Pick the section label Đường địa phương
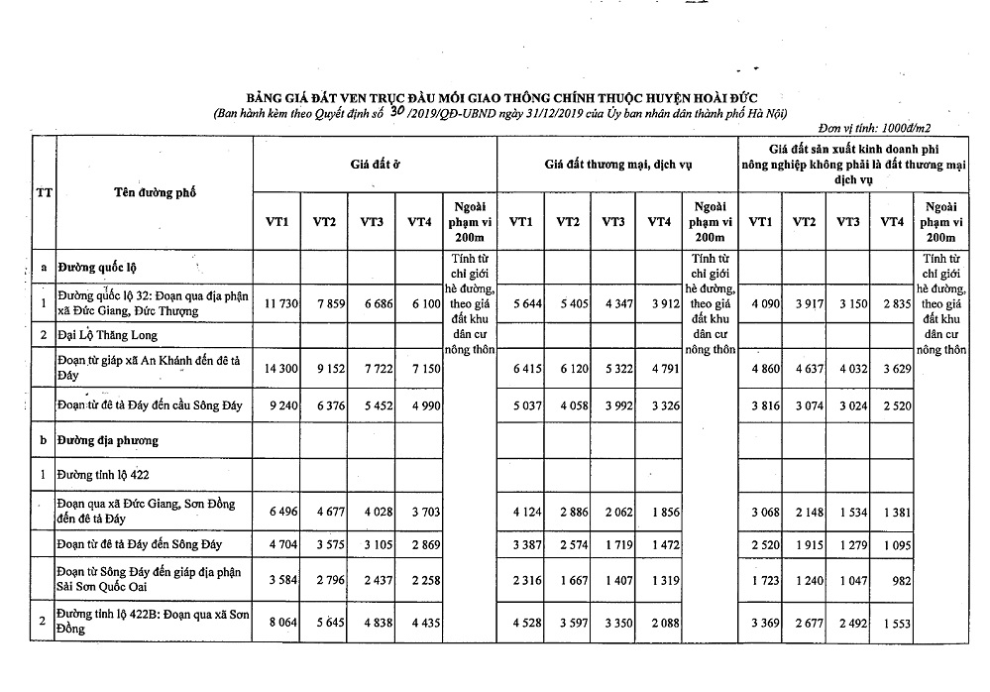(x=109, y=438)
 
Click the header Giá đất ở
(x=374, y=161)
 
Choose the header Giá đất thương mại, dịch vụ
(x=617, y=162)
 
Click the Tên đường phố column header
(x=154, y=192)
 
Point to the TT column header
(x=44, y=193)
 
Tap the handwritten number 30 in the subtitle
(x=397, y=113)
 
